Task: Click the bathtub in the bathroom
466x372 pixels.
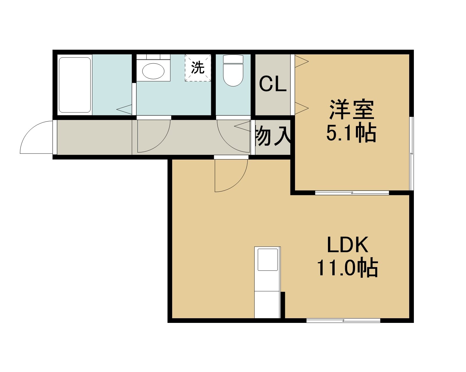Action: click(75, 85)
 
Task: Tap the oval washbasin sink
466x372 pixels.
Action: click(153, 71)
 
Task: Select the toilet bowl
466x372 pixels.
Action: click(233, 75)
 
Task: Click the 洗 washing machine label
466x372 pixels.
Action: click(198, 68)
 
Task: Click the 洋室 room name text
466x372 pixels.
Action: click(352, 110)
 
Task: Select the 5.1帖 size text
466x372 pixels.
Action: click(351, 133)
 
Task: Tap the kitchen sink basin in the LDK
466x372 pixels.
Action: click(267, 260)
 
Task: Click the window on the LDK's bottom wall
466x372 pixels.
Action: click(343, 321)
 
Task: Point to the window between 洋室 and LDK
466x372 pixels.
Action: click(352, 193)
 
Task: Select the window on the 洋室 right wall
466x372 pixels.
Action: click(412, 153)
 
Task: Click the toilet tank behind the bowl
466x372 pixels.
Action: click(233, 59)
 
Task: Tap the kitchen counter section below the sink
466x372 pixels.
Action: click(267, 305)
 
